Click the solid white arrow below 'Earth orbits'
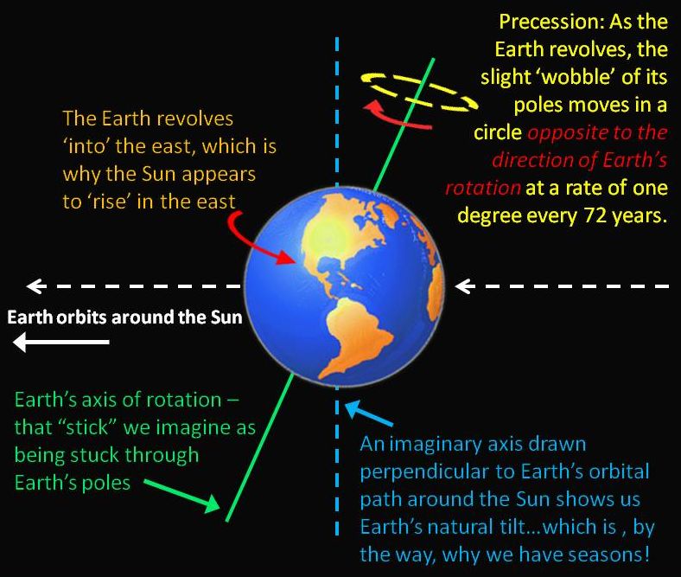[x=60, y=344]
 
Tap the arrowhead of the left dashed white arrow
[x=35, y=285]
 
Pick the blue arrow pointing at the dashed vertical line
[x=367, y=415]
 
